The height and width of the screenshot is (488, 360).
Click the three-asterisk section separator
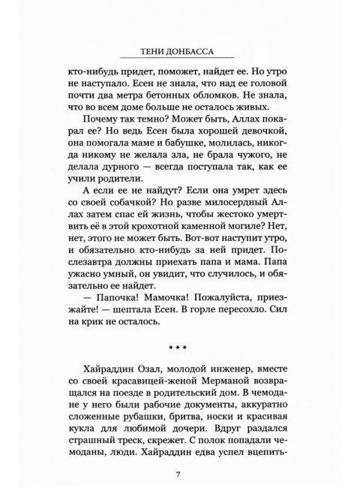click(x=178, y=348)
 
